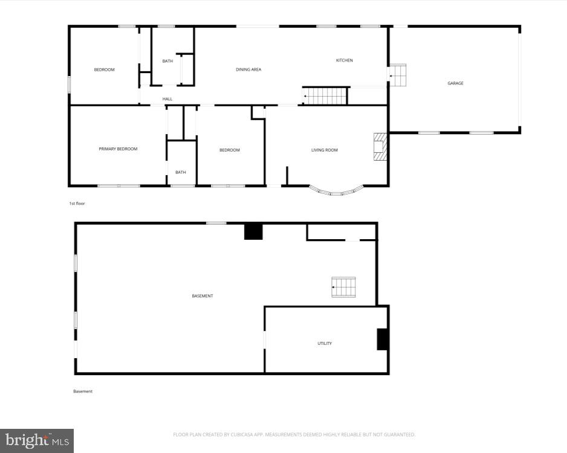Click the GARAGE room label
455,83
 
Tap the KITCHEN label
344,60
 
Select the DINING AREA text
248,70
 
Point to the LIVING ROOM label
325,150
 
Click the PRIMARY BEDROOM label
118,149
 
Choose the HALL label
167,99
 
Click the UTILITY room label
325,344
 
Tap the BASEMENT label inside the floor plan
202,296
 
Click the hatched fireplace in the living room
380,147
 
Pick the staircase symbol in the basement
343,287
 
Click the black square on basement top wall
253,231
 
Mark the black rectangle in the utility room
382,339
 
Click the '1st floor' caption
77,204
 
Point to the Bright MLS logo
36,440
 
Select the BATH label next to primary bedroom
181,172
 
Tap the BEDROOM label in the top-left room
104,70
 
